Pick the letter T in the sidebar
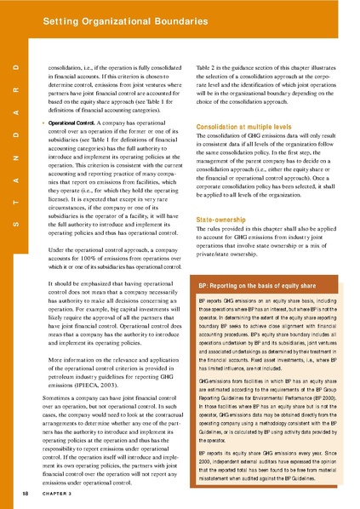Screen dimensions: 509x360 pyautogui.click(x=14, y=202)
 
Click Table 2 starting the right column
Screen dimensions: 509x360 pyautogui.click(x=208, y=66)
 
